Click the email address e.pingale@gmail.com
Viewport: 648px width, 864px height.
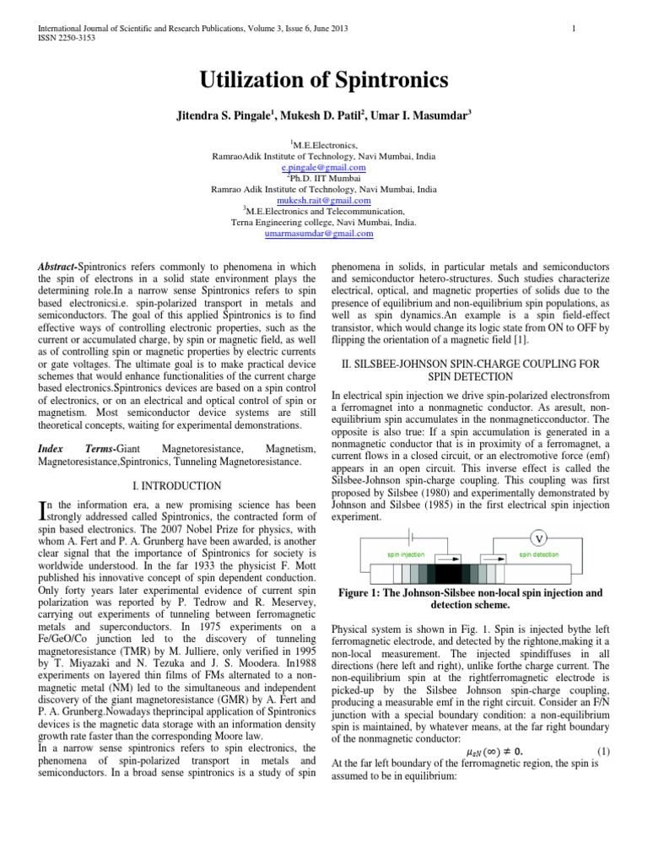tap(323, 168)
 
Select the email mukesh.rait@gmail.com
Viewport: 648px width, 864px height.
tap(324, 201)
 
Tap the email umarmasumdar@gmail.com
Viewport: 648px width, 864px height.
tap(324, 233)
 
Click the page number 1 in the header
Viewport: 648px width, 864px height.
tap(573, 30)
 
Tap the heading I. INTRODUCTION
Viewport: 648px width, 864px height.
tap(177, 486)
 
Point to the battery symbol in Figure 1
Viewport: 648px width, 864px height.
tap(411, 536)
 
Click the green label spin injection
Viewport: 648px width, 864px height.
tap(406, 555)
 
